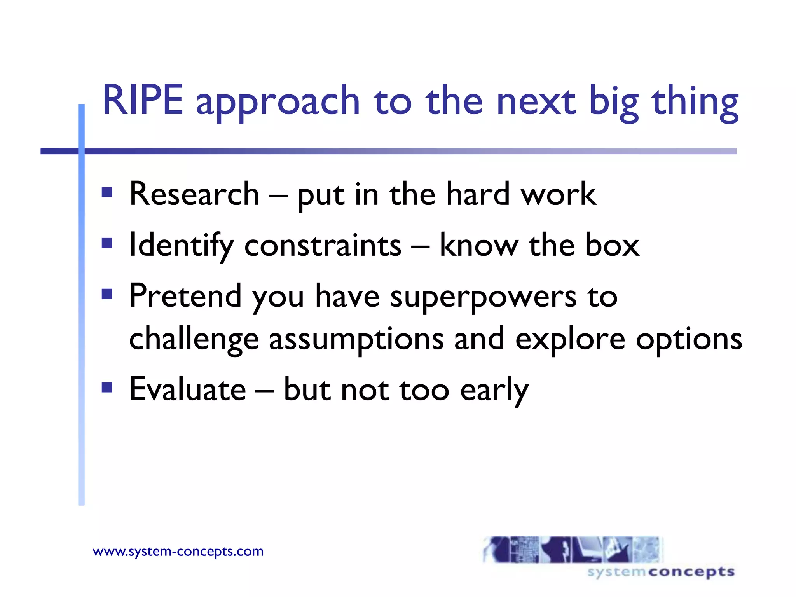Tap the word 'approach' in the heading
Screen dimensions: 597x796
pyautogui.click(x=278, y=103)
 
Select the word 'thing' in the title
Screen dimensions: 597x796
pyautogui.click(x=695, y=103)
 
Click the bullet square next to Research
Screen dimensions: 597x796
pyautogui.click(x=107, y=192)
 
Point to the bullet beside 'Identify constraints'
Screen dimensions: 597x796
pyautogui.click(x=107, y=243)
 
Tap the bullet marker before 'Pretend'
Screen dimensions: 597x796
pyautogui.click(x=107, y=294)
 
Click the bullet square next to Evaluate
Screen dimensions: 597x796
pyautogui.click(x=107, y=387)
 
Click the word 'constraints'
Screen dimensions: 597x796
pyautogui.click(x=323, y=246)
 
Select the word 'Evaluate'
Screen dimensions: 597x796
pyautogui.click(x=188, y=389)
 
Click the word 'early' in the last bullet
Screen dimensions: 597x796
pyautogui.click(x=494, y=391)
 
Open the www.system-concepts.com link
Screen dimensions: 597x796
pyautogui.click(x=178, y=551)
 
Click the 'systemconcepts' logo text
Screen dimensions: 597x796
pyautogui.click(x=661, y=572)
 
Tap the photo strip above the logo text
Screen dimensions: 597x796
pyautogui.click(x=572, y=549)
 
